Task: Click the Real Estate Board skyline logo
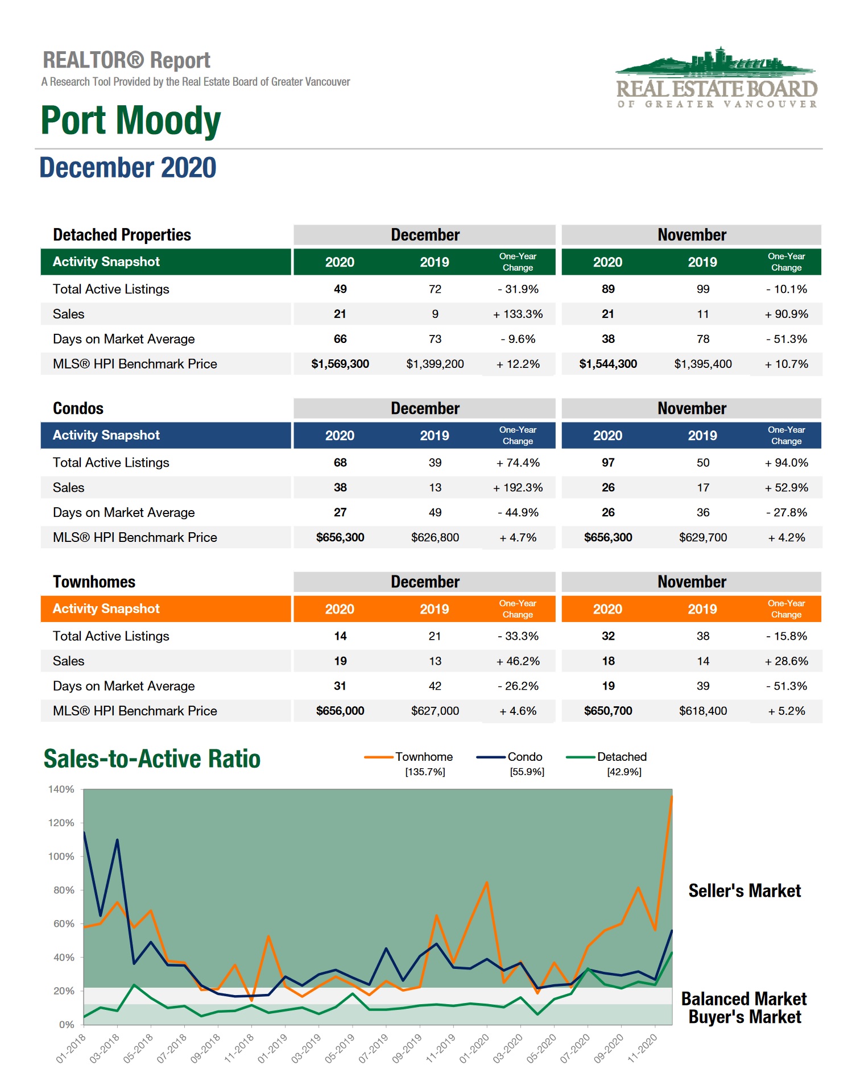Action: pos(717,77)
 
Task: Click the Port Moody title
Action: pos(130,121)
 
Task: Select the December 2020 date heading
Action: pos(127,168)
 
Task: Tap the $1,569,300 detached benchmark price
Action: pos(340,364)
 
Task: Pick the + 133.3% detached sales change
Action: pos(518,314)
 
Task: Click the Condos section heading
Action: pos(78,408)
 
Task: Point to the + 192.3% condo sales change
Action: pos(518,487)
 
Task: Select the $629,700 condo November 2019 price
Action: pos(702,537)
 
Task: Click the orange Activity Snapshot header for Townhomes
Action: pos(166,608)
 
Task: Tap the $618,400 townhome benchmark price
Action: pos(702,711)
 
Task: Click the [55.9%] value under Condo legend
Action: pos(527,772)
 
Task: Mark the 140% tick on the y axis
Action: pos(61,789)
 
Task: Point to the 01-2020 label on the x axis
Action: pos(474,1048)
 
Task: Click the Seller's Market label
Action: pos(744,890)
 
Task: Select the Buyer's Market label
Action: pos(744,1017)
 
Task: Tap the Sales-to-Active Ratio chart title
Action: pos(152,759)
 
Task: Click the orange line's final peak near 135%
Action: pos(671,797)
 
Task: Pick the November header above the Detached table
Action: pos(691,235)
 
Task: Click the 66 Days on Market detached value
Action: pos(340,339)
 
